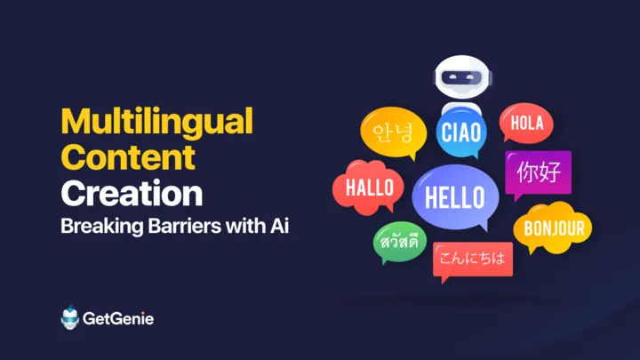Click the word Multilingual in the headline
[157, 123]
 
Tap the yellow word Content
[128, 157]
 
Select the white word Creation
[132, 194]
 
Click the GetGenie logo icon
[70, 317]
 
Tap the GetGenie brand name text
[118, 318]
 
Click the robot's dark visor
[462, 76]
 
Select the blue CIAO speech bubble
[461, 132]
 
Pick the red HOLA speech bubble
[526, 123]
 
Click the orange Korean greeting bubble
[394, 132]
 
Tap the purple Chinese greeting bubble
[538, 173]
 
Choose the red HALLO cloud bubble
[369, 188]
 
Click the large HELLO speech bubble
[455, 197]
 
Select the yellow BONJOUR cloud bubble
[553, 228]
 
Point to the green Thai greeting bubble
[400, 242]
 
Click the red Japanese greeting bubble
[473, 260]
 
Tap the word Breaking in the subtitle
[102, 227]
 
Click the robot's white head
[462, 77]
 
